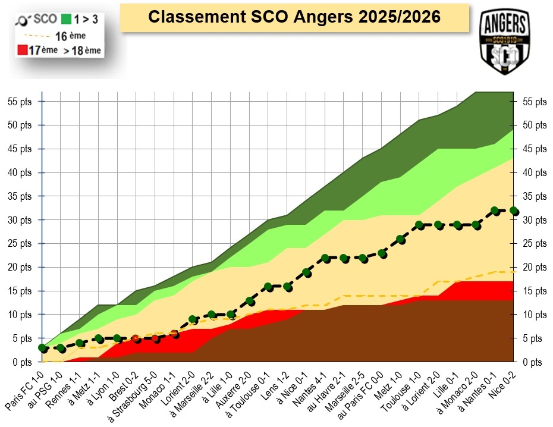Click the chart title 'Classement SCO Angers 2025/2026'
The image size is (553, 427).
(x=294, y=17)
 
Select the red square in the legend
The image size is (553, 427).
(x=23, y=51)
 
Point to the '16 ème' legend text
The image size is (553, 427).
(x=74, y=36)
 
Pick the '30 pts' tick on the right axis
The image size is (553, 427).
(x=535, y=220)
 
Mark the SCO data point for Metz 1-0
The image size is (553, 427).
(x=401, y=240)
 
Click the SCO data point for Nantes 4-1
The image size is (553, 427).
(x=325, y=258)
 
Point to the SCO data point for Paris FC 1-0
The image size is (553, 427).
(x=42, y=348)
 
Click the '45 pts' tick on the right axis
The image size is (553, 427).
(x=535, y=149)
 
